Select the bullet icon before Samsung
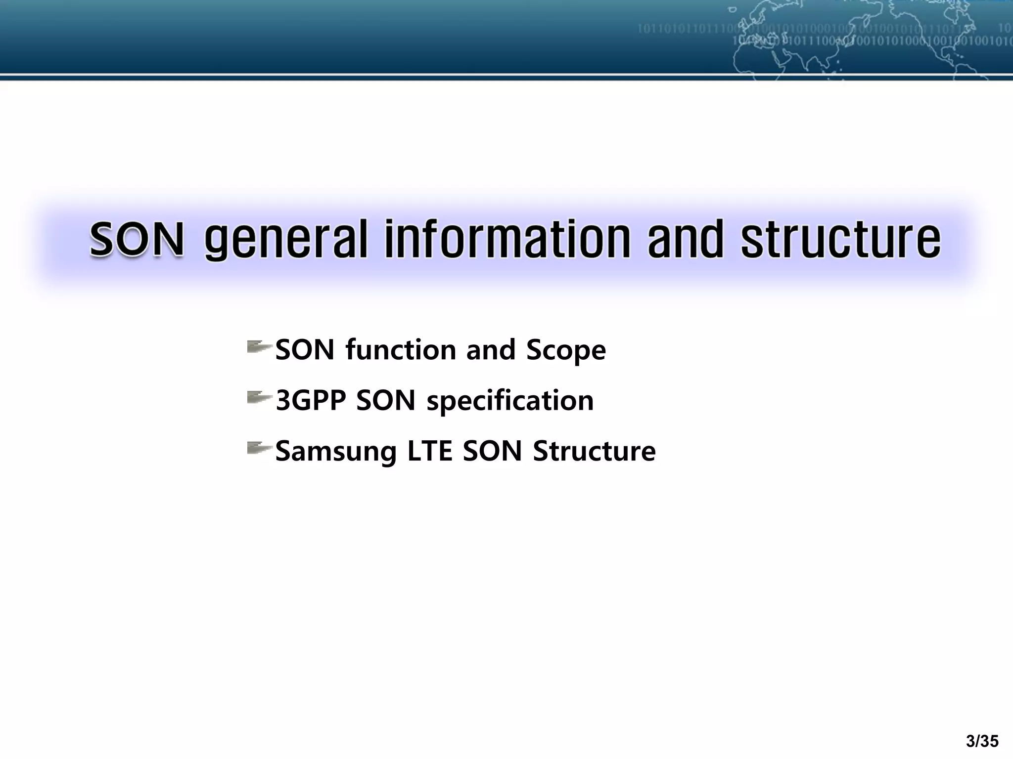coord(259,448)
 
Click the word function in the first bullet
coord(401,350)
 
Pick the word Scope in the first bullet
coord(566,350)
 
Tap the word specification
coord(510,400)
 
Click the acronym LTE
coord(429,451)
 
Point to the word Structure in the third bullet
coord(594,451)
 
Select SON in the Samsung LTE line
coord(492,451)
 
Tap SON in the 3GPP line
coord(386,400)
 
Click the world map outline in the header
coord(851,40)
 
